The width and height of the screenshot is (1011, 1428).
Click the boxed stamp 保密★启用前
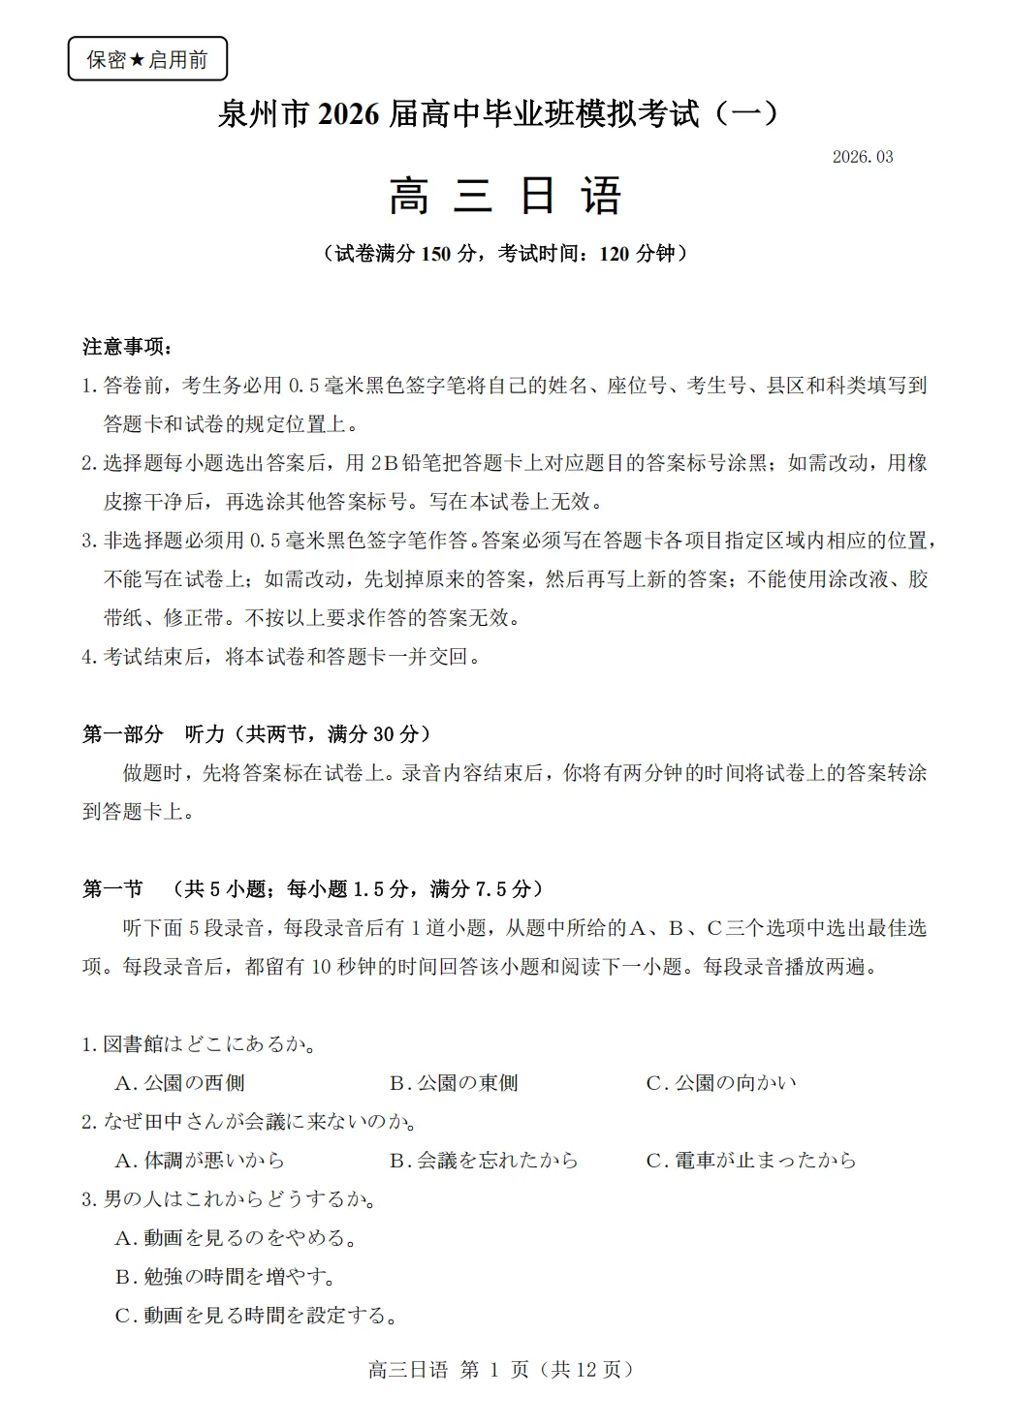[147, 60]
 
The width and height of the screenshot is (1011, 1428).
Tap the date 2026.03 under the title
[862, 157]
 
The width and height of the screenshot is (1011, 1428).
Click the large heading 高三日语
[505, 197]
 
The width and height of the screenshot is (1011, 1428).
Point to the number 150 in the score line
[436, 254]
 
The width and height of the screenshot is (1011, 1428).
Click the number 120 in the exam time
[615, 254]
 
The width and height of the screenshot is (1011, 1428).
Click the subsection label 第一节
[112, 889]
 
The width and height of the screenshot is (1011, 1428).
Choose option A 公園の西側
[180, 1083]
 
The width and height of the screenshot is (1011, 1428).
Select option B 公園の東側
[454, 1083]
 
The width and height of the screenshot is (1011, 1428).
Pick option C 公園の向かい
[721, 1083]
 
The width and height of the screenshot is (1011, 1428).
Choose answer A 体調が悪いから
[200, 1161]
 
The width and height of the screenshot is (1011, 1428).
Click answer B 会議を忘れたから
[484, 1161]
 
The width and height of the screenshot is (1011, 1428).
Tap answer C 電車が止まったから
[751, 1161]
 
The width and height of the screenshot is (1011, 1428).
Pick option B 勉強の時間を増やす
[225, 1277]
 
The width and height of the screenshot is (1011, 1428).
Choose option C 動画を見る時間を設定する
[257, 1316]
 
